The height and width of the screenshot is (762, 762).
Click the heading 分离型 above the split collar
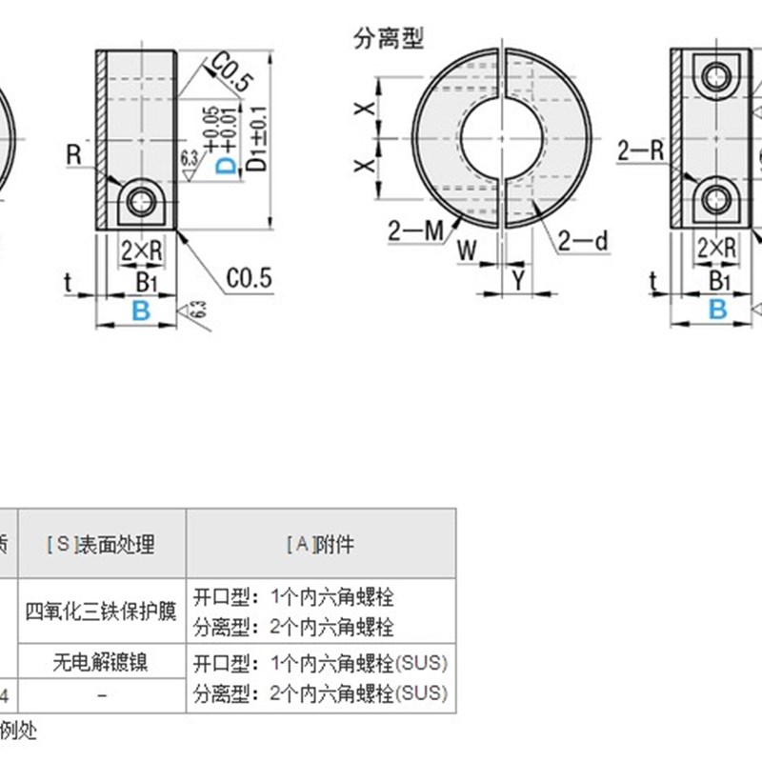tap(388, 39)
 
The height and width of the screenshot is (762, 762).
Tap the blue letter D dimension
tap(226, 167)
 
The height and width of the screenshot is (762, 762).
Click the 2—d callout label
tap(583, 242)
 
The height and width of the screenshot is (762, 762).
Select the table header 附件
tap(320, 544)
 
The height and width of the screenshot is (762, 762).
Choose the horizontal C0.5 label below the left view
tap(250, 278)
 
